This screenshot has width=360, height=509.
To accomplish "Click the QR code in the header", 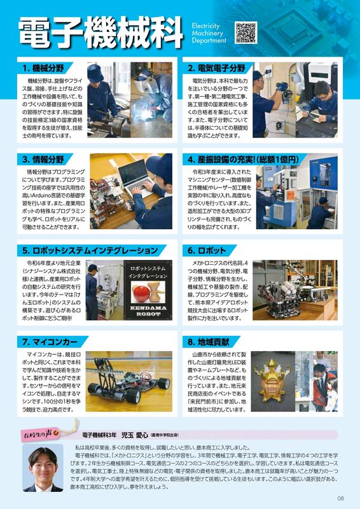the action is (x=246, y=32).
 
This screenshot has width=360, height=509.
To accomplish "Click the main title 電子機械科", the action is (x=100, y=33).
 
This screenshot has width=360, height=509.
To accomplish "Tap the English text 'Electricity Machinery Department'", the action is (x=209, y=33).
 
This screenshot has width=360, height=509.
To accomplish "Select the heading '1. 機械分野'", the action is (x=43, y=68).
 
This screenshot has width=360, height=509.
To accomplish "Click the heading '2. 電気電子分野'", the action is (x=216, y=68).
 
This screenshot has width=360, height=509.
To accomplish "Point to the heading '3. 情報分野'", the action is (x=43, y=160).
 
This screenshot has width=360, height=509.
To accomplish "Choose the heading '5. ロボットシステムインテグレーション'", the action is (x=90, y=250).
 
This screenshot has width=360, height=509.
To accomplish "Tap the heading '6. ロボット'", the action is (x=207, y=250).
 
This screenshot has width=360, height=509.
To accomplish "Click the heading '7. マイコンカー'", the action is (x=50, y=342).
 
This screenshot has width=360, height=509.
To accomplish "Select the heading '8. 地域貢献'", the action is (x=209, y=342).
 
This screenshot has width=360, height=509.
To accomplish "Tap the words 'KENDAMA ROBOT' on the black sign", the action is (x=148, y=311).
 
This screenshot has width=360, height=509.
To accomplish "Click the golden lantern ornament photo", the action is (x=273, y=381).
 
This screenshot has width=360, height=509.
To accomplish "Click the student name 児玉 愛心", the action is (x=135, y=435).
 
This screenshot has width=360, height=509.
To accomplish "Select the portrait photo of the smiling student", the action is (x=43, y=468).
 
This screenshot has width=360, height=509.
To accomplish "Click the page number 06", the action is (x=340, y=498).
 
